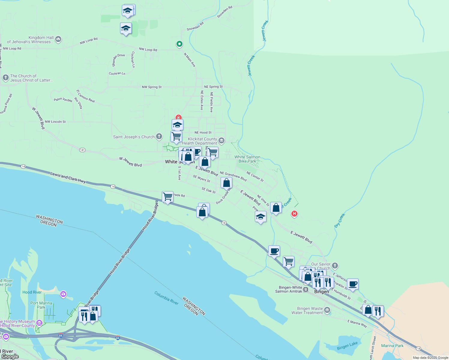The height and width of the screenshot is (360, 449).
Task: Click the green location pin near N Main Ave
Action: [179, 44]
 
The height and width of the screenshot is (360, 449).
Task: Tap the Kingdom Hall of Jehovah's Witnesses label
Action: [30, 40]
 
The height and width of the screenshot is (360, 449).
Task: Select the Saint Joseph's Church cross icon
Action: [159, 136]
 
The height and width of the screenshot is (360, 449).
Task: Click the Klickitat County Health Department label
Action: [199, 141]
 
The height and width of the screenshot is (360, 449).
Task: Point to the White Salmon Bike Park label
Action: [247, 159]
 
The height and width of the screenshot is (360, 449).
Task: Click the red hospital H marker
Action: [294, 214]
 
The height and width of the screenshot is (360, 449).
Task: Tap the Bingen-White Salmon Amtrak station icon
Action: [306, 289]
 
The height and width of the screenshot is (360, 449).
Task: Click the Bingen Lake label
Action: [347, 346]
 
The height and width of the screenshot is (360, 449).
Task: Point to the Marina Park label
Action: [392, 346]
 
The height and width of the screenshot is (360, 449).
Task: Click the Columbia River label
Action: [166, 298]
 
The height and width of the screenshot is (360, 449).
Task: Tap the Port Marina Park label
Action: [41, 305]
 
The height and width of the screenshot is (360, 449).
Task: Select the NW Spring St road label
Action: [152, 87]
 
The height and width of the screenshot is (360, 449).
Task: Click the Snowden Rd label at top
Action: [224, 12]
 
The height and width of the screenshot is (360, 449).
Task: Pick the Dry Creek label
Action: [340, 220]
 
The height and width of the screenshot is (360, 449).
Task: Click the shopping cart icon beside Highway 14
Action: [167, 197]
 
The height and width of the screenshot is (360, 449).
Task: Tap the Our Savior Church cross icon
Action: [335, 265]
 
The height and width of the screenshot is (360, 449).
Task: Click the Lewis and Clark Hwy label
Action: [68, 178]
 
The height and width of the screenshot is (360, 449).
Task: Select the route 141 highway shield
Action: [82, 150]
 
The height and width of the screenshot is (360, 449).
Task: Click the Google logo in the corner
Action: [10, 356]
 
